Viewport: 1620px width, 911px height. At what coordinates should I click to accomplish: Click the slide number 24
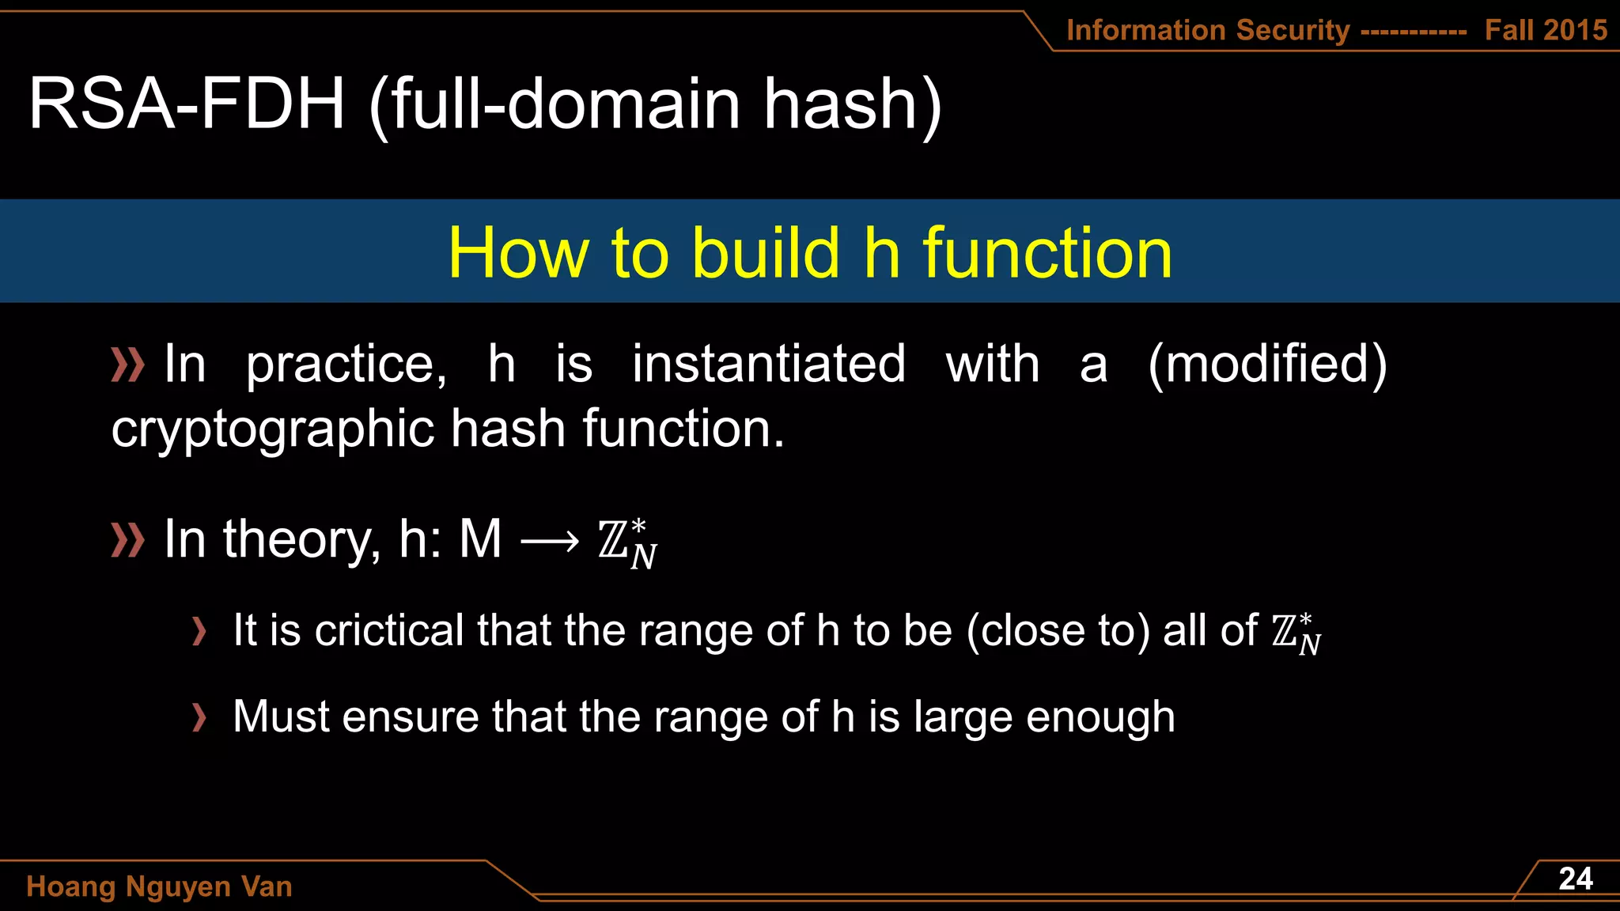(1575, 879)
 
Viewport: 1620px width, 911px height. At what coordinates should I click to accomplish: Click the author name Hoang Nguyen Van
(159, 886)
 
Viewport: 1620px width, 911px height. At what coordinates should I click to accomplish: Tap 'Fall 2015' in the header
(1546, 30)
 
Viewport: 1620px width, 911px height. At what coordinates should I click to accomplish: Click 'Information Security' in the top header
(1208, 30)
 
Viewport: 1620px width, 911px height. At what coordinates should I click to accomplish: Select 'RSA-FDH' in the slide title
(186, 104)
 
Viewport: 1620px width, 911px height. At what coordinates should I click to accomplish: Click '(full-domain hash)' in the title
(656, 105)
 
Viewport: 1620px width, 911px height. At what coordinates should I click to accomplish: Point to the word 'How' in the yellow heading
(518, 253)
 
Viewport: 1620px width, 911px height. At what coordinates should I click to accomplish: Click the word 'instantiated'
(769, 364)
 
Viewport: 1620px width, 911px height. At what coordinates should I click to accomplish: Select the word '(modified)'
(1267, 365)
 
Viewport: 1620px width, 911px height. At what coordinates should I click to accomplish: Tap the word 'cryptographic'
(272, 429)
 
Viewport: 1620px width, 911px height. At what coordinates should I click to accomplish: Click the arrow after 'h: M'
(550, 542)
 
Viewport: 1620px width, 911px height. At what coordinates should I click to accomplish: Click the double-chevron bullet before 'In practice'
(127, 365)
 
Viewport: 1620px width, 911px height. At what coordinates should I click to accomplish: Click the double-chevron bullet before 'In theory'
(127, 540)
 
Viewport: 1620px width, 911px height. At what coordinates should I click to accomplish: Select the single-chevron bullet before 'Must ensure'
(199, 717)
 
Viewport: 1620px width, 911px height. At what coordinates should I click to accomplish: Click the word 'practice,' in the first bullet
(346, 365)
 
